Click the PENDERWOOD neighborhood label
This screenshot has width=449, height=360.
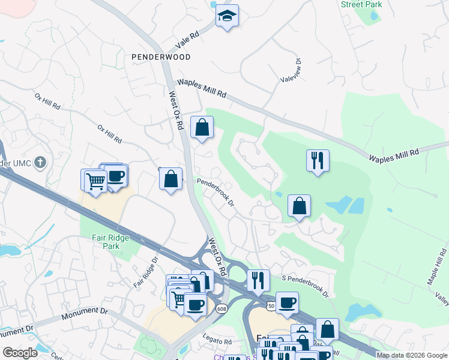pos(161,57)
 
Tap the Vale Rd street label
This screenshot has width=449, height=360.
pos(187,41)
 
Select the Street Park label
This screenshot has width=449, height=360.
pos(361,4)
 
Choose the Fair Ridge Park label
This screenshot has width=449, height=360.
pos(106,241)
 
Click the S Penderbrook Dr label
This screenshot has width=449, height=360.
pos(306,286)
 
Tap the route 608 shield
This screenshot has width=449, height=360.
pos(221,308)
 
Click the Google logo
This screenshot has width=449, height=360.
pos(20,353)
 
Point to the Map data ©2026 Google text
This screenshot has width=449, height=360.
pos(412,355)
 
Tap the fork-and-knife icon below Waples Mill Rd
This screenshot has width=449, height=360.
pos(317,161)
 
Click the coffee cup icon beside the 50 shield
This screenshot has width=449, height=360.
pos(287,303)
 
